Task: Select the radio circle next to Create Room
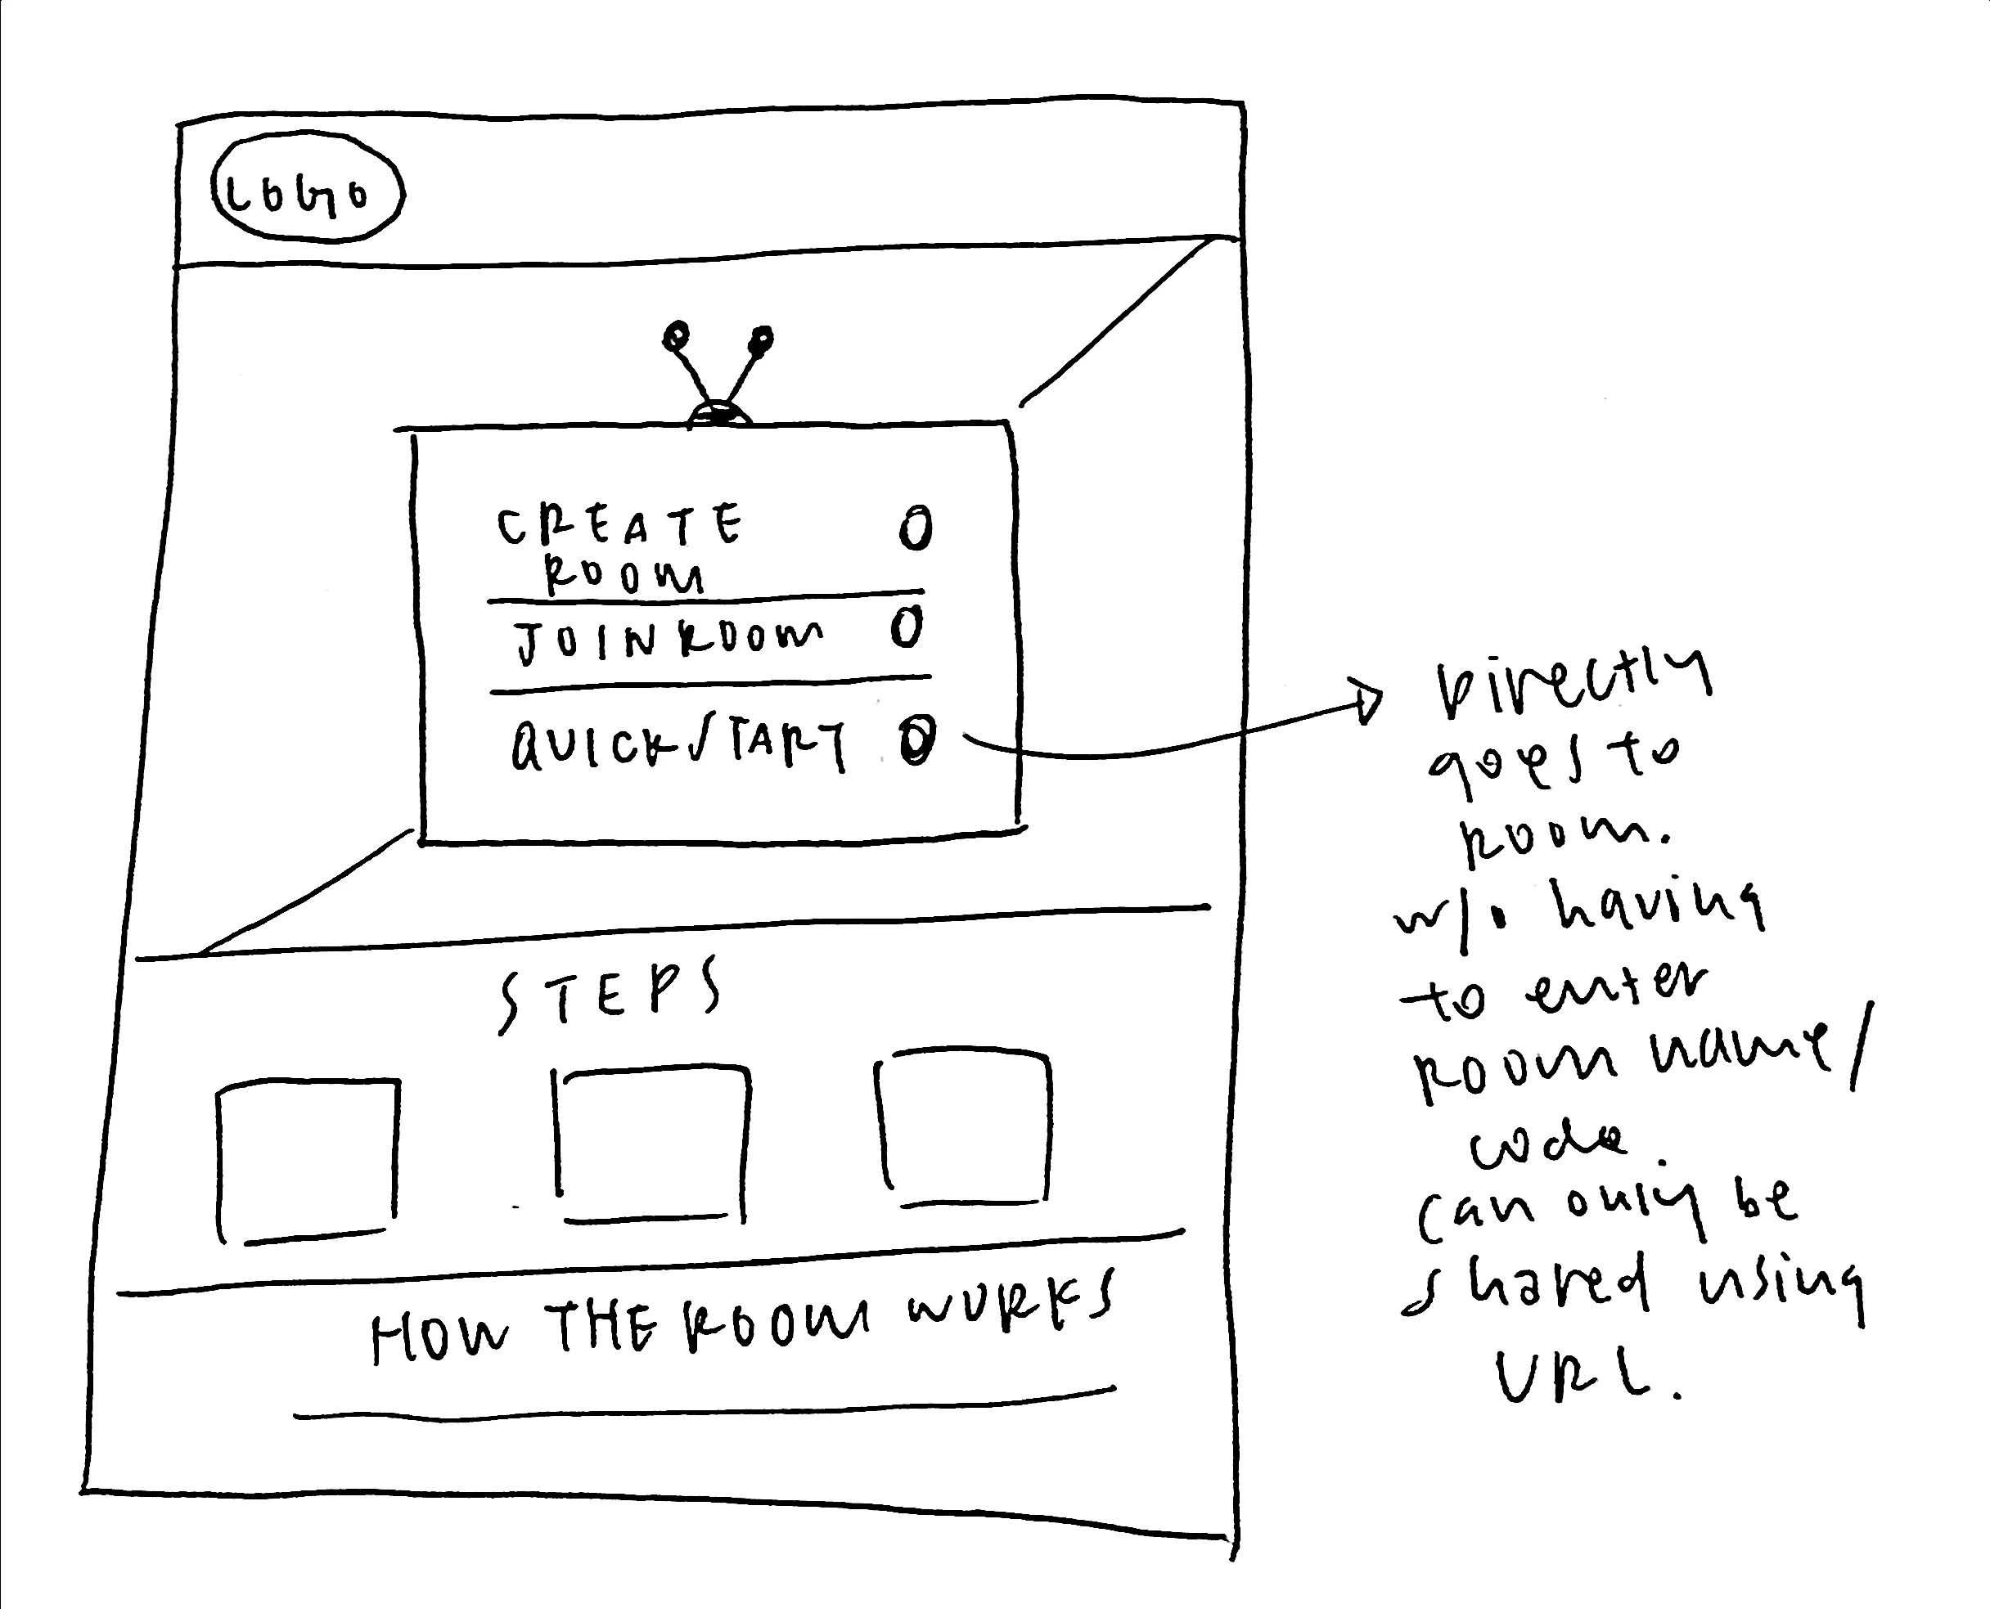[916, 528]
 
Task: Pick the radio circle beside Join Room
[907, 627]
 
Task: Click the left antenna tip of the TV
[677, 334]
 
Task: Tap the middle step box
[652, 1144]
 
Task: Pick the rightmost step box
[964, 1129]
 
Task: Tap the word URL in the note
[1576, 1377]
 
